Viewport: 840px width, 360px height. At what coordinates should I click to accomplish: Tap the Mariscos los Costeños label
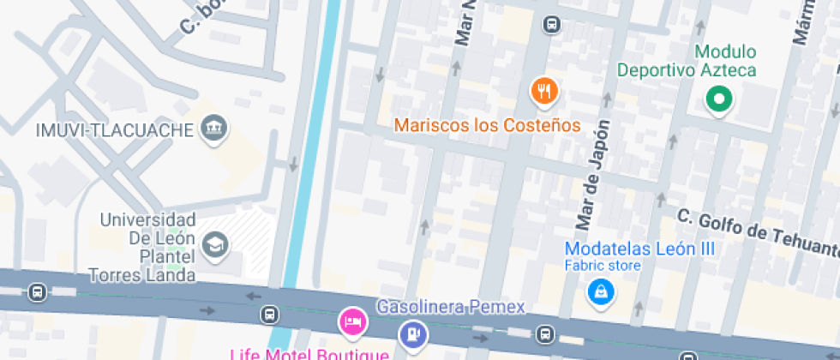(x=487, y=125)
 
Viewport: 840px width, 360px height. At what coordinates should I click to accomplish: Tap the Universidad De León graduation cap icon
(x=214, y=246)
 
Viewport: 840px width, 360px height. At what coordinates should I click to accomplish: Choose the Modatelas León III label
(x=639, y=249)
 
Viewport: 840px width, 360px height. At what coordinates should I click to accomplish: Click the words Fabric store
(x=602, y=266)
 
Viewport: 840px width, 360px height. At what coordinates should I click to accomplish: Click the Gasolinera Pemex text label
(x=451, y=307)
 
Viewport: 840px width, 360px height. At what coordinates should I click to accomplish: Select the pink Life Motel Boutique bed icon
(x=351, y=322)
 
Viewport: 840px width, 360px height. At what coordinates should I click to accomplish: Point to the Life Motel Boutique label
(x=310, y=352)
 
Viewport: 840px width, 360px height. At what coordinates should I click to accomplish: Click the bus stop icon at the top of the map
(x=553, y=25)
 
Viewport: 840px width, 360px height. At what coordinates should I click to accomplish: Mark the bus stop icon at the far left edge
(x=37, y=292)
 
